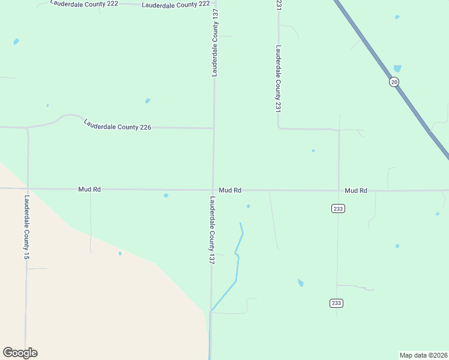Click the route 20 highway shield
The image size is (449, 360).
393,82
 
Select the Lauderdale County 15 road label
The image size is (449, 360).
26,227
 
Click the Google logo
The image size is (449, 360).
20,353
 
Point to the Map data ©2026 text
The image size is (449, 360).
424,355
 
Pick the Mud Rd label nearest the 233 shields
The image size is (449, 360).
356,190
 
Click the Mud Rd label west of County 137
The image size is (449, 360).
89,189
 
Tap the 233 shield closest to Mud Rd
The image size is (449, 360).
337,208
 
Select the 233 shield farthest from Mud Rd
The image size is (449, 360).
336,303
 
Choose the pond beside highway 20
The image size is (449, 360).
397,68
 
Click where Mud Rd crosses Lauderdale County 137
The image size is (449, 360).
212,190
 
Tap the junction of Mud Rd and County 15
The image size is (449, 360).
28,188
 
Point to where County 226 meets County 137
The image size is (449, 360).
214,128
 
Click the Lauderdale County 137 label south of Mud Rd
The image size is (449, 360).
212,230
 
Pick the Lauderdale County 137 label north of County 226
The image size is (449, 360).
214,43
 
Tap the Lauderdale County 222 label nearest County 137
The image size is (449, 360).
176,4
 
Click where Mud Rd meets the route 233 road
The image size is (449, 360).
339,190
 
